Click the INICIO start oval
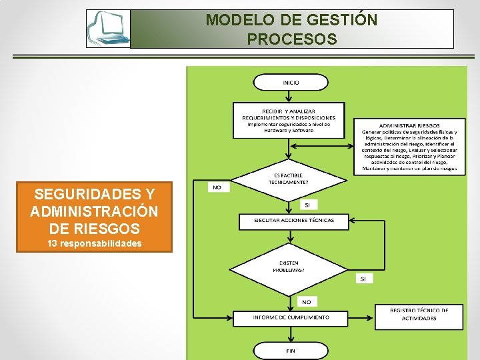(291, 83)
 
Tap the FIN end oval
(291, 351)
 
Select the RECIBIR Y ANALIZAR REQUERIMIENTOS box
(289, 120)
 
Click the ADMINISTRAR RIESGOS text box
(409, 147)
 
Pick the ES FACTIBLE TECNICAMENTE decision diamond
(289, 179)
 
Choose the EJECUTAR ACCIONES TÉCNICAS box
(294, 221)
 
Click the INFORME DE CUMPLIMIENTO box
(291, 318)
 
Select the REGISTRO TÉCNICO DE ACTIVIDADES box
(419, 315)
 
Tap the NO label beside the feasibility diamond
(217, 187)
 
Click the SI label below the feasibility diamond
(307, 205)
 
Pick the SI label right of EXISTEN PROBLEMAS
(364, 279)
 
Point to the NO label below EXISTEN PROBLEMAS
(307, 301)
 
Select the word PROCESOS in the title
(291, 39)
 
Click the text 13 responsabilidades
(95, 243)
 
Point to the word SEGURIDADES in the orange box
(95, 195)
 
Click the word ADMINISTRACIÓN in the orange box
(95, 212)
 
